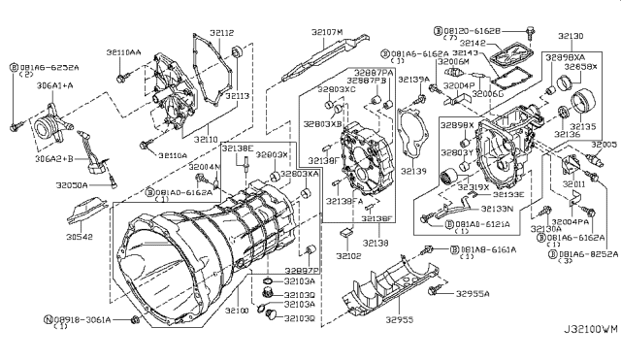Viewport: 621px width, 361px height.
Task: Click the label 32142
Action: point(473,44)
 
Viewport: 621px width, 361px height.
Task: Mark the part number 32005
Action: point(603,144)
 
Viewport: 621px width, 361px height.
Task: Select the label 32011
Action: point(572,181)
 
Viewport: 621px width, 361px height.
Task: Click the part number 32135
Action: point(582,125)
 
